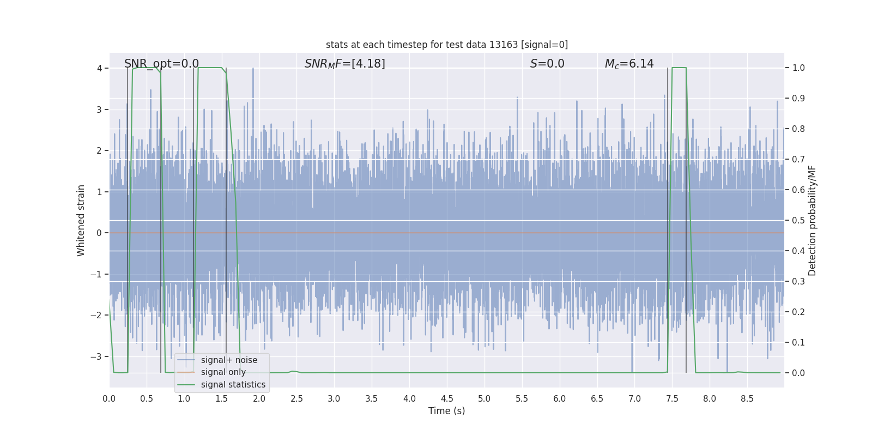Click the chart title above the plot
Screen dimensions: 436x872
[x=447, y=45]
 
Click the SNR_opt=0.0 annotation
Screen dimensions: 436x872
[x=161, y=64]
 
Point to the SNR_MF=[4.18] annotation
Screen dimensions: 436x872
[x=344, y=64]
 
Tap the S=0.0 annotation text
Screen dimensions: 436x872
[x=547, y=64]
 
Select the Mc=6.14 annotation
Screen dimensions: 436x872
[x=629, y=64]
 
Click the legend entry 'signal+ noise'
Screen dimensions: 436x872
[x=229, y=360]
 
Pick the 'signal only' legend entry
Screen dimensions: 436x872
[x=223, y=372]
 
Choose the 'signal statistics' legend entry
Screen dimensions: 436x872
[x=233, y=385]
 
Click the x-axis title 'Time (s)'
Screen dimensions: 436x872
[x=446, y=411]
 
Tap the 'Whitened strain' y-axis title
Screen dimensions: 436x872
[x=81, y=220]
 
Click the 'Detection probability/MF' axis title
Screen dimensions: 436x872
[x=813, y=220]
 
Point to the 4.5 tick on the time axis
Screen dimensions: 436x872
[x=447, y=398]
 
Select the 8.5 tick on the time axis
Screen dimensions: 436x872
[x=747, y=398]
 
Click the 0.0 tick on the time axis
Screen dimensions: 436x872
[x=109, y=398]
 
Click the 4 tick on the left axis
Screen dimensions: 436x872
[x=99, y=68]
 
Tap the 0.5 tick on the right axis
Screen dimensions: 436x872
[x=798, y=220]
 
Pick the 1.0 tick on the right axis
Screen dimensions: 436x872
[x=798, y=68]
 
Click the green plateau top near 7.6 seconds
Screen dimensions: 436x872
[x=679, y=68]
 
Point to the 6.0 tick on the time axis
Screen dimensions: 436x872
[x=560, y=398]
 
